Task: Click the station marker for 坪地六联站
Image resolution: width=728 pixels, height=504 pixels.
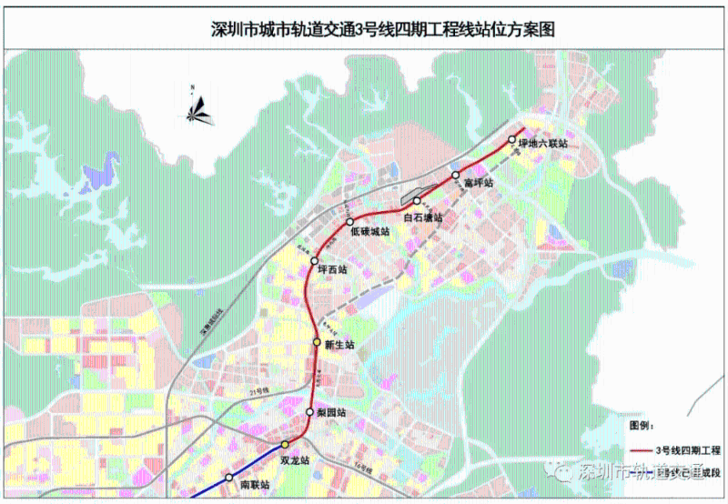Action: (511, 140)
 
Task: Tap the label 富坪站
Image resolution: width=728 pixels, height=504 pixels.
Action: (478, 183)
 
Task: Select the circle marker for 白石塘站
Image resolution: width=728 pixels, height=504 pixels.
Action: (416, 201)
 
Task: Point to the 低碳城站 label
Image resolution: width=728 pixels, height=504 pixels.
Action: (369, 233)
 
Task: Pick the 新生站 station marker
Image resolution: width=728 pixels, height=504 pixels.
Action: (318, 342)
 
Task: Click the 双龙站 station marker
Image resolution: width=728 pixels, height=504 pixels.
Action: (284, 444)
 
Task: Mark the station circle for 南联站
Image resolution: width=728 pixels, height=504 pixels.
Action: (228, 478)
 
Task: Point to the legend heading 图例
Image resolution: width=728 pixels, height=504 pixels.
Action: (642, 425)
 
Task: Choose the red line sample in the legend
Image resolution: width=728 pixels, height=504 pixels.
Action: (644, 450)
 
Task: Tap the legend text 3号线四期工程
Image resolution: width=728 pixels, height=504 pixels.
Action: (689, 450)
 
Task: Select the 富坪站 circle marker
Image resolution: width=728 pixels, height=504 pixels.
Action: (456, 175)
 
